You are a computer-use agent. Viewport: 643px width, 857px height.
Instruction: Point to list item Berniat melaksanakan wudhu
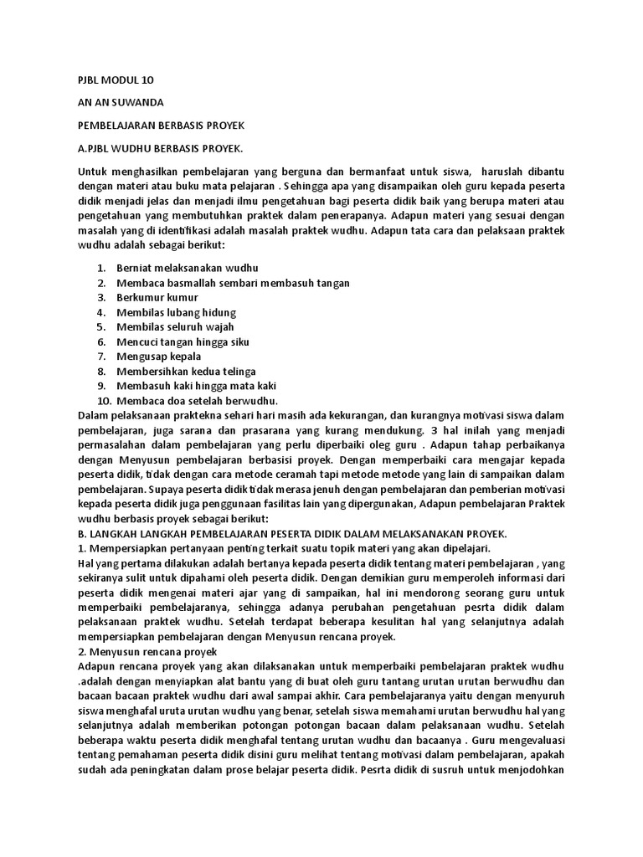(188, 268)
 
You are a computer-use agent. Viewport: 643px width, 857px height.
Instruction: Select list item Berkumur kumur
(157, 297)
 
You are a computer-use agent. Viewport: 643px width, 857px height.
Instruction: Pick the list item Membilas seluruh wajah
(176, 327)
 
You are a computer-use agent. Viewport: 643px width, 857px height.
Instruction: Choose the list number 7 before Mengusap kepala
(100, 357)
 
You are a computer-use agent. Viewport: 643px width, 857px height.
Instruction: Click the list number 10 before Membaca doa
(99, 401)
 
